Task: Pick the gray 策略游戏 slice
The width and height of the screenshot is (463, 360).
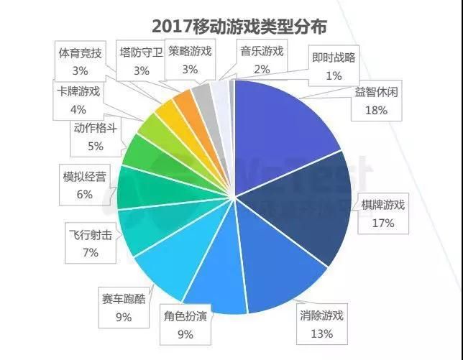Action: coord(202,98)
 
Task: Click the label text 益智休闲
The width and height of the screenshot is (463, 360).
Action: coord(376,93)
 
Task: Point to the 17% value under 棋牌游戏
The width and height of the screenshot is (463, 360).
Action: coord(384,223)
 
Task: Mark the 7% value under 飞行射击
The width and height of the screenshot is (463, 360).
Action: coord(90,252)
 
